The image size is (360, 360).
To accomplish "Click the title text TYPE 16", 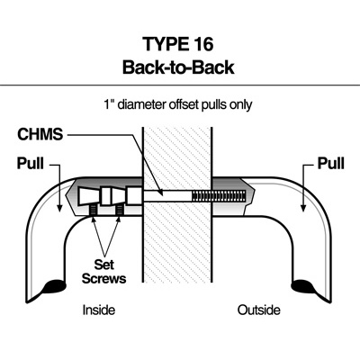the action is [178, 44].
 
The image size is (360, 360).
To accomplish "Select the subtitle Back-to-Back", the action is [178, 67].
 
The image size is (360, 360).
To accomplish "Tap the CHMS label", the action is [40, 134].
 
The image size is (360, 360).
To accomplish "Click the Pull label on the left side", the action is [31, 164].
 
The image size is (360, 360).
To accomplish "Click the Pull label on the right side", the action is [331, 164].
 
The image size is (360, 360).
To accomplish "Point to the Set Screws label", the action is [103, 272].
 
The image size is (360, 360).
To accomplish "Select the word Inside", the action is [99, 310].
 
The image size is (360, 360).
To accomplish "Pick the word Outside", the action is [259, 310].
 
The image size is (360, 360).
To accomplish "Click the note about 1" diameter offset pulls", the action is [178, 104].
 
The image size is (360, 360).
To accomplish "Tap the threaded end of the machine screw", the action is [219, 195].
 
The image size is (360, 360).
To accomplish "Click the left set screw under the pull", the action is [94, 211].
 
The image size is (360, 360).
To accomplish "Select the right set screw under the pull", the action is [120, 211].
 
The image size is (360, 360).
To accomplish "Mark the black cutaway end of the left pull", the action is [54, 286].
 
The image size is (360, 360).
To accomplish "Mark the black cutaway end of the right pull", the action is [305, 286].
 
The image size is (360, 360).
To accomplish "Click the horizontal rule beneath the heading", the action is [180, 85].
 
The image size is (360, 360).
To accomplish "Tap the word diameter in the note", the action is [141, 104].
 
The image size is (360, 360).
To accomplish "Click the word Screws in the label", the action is [103, 278].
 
